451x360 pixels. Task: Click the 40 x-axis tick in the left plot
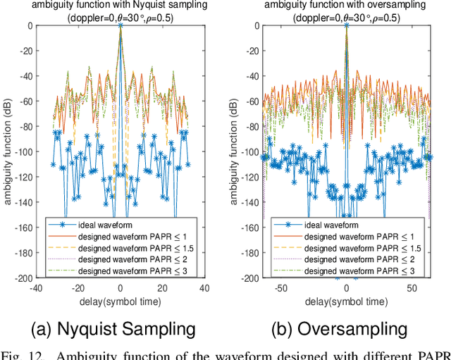click(204, 288)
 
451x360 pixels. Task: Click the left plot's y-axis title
click(6, 151)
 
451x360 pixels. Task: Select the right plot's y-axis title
click(232, 151)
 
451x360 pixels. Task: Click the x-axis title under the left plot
click(121, 301)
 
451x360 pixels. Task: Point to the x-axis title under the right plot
click(346, 301)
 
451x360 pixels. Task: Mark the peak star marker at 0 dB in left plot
click(121, 25)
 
